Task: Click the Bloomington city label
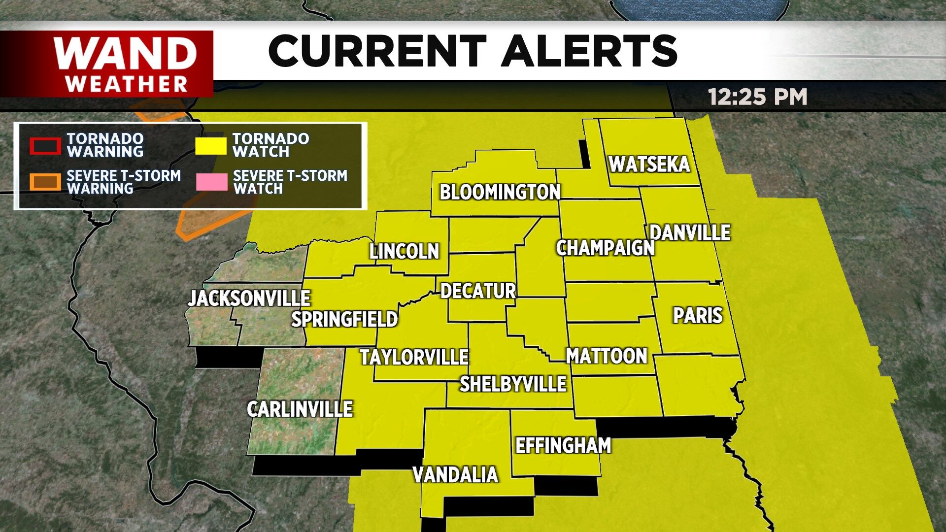[500, 192]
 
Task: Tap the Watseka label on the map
[649, 165]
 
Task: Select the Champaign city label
[605, 248]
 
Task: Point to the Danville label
[690, 233]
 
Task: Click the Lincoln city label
[404, 251]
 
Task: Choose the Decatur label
[478, 291]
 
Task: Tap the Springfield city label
[344, 319]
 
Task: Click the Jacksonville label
[249, 298]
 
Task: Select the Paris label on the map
[698, 315]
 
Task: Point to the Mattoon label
[607, 356]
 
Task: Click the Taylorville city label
[414, 357]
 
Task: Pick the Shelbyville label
[513, 384]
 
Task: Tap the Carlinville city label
[300, 409]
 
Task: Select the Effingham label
[563, 445]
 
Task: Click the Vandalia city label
[455, 475]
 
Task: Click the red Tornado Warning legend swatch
[45, 146]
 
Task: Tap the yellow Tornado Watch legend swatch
[211, 146]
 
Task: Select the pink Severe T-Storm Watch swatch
[211, 182]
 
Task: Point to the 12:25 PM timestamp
[757, 97]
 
